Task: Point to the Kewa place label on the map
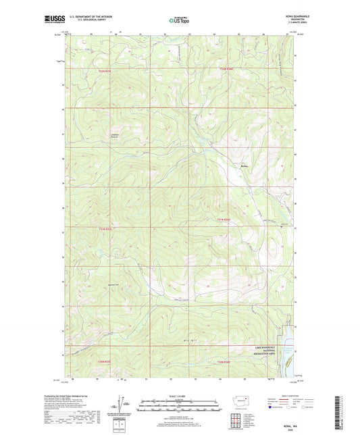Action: coord(245,166)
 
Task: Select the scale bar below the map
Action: coord(179,405)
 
